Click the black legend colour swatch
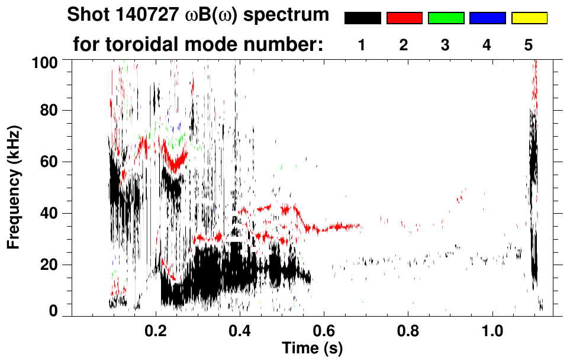click(362, 18)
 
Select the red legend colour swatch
click(404, 18)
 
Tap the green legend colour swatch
click(446, 18)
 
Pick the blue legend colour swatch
click(487, 18)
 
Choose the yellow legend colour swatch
click(529, 18)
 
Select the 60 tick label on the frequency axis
click(49, 162)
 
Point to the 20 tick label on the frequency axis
click(49, 265)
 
